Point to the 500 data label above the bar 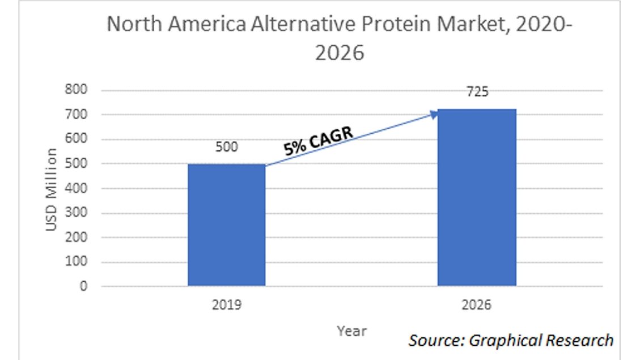tap(227, 147)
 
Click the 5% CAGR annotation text tap(319, 141)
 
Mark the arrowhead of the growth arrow tap(434, 114)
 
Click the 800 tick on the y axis tap(78, 90)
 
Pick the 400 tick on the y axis tap(78, 188)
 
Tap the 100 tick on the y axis tap(78, 262)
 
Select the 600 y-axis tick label tap(78, 139)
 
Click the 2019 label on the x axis tap(227, 305)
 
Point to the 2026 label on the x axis tap(477, 305)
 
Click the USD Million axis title tap(52, 189)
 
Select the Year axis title tap(351, 331)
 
